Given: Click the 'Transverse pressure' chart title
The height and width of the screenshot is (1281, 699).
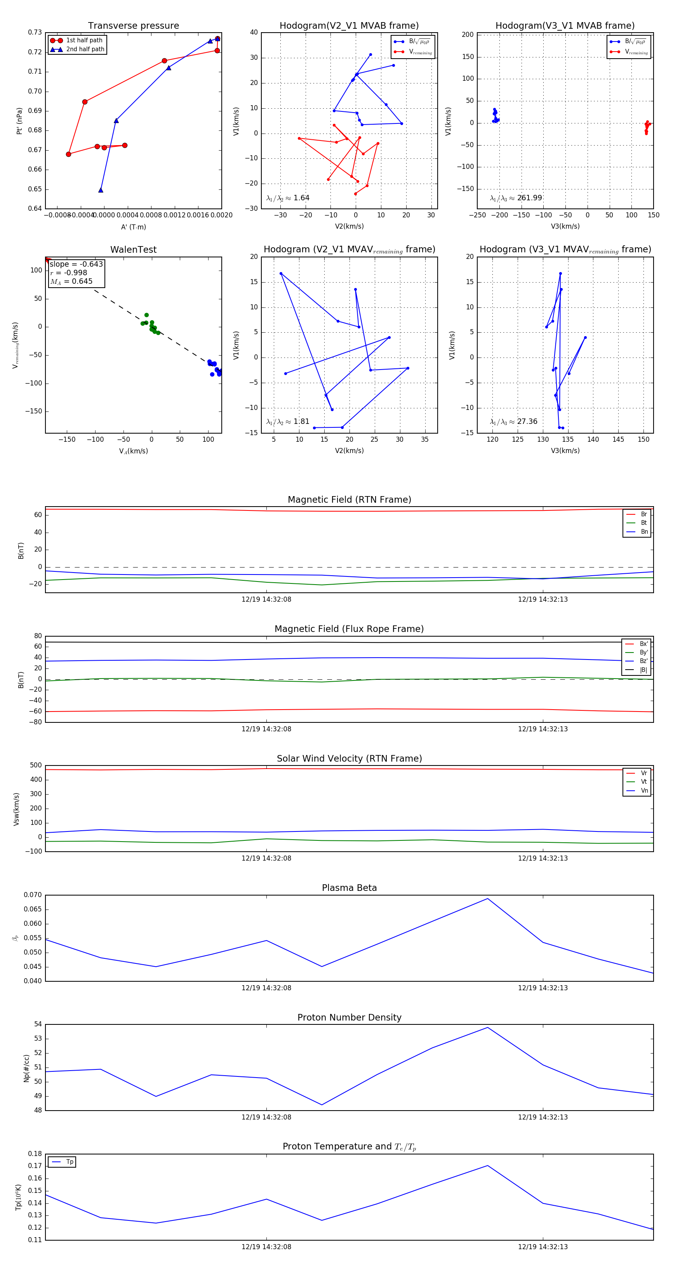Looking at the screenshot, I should click(x=133, y=26).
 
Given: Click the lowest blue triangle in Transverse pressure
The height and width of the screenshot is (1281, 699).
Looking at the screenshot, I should click(x=101, y=190).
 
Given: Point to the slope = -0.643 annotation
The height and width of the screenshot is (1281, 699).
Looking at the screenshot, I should click(x=76, y=264).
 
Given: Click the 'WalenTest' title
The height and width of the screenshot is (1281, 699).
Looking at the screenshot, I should click(x=133, y=250).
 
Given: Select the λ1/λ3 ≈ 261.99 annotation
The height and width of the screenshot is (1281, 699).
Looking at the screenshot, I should click(x=516, y=198).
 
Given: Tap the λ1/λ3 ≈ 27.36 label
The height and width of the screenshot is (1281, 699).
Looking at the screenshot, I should click(x=513, y=422).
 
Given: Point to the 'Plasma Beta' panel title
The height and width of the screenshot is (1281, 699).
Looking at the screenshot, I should click(x=349, y=888).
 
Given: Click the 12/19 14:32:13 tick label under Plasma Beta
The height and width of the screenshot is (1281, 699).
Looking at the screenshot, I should click(x=543, y=988).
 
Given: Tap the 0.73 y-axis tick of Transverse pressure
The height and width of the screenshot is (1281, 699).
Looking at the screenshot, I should click(x=35, y=32).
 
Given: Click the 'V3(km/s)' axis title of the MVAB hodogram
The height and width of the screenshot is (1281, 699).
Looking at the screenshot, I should click(x=565, y=226).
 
